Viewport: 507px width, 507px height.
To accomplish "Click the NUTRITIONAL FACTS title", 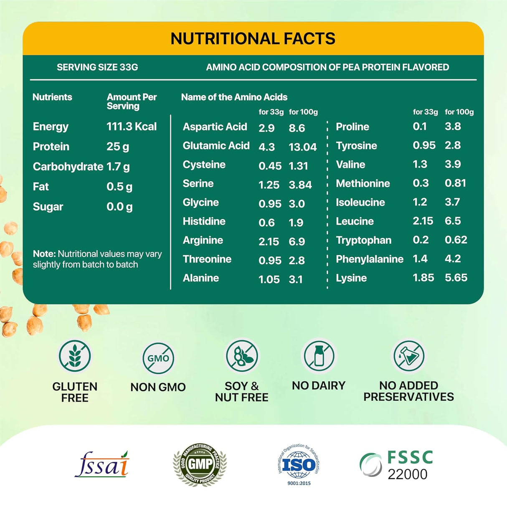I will coord(253,38).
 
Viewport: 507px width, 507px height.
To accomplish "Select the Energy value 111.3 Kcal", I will coord(132,127).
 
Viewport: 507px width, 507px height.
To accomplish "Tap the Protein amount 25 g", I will coord(118,147).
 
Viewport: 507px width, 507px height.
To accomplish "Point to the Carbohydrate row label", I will coord(68,167).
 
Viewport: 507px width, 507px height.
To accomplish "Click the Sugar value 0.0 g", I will coord(119,207).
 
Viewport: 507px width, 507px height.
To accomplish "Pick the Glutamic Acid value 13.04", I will coord(302,147).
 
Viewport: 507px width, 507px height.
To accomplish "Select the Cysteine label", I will coord(204,165).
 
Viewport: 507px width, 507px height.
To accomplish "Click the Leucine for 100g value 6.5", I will coord(453,221).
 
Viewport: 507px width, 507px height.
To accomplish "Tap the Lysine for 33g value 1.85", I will coord(423,278).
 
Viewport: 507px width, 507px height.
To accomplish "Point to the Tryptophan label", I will coord(363,240).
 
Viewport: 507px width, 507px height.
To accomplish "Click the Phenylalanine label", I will coord(369,259).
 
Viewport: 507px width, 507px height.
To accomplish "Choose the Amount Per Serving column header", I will coord(132,101).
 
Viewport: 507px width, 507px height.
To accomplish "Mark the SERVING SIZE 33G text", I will coord(97,67).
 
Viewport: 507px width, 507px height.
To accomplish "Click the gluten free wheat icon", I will coord(75,356).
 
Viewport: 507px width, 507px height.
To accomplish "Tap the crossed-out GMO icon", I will coord(158,358).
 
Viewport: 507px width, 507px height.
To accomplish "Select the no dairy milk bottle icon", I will coord(319,356).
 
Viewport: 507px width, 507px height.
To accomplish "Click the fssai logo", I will coord(102,464).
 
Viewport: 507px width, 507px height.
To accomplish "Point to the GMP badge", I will coord(200,464).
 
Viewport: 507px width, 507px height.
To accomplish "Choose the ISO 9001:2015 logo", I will coord(299,464).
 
